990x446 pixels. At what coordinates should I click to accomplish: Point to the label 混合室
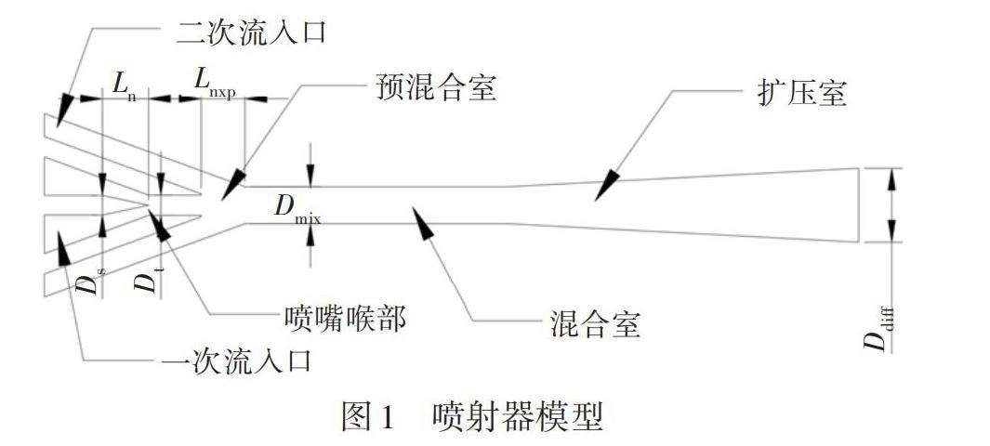pos(589,324)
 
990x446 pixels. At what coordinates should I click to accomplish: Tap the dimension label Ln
pos(125,83)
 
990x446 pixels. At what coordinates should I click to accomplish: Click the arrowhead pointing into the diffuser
pos(605,186)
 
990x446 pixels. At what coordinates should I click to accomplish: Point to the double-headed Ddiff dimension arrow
pos(891,204)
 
